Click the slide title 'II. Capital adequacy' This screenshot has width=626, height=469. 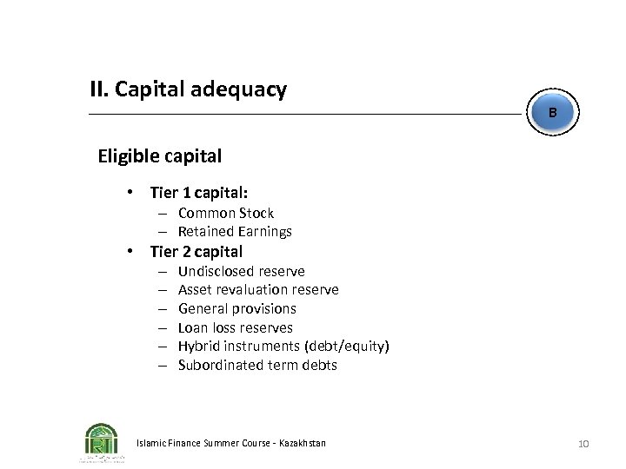coord(188,89)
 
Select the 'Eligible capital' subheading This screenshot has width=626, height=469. coord(159,156)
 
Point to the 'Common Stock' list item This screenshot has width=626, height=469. coord(225,213)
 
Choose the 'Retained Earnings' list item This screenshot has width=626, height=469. coord(235,231)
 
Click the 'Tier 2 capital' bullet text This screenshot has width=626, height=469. coord(196,252)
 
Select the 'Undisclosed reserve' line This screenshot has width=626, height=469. coord(241,271)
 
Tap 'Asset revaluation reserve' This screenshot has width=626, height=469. coord(258,289)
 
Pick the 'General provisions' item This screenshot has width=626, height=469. coord(236,308)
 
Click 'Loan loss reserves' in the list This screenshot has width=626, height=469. coord(235,327)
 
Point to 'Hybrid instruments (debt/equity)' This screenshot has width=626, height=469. coord(283,346)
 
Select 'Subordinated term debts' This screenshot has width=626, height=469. coord(257,365)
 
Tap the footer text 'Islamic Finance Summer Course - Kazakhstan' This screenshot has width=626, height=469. coord(231,443)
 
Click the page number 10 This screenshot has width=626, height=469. coord(583,444)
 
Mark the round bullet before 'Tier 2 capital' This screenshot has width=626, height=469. coord(129,252)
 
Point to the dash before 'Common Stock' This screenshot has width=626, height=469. coord(163,213)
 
